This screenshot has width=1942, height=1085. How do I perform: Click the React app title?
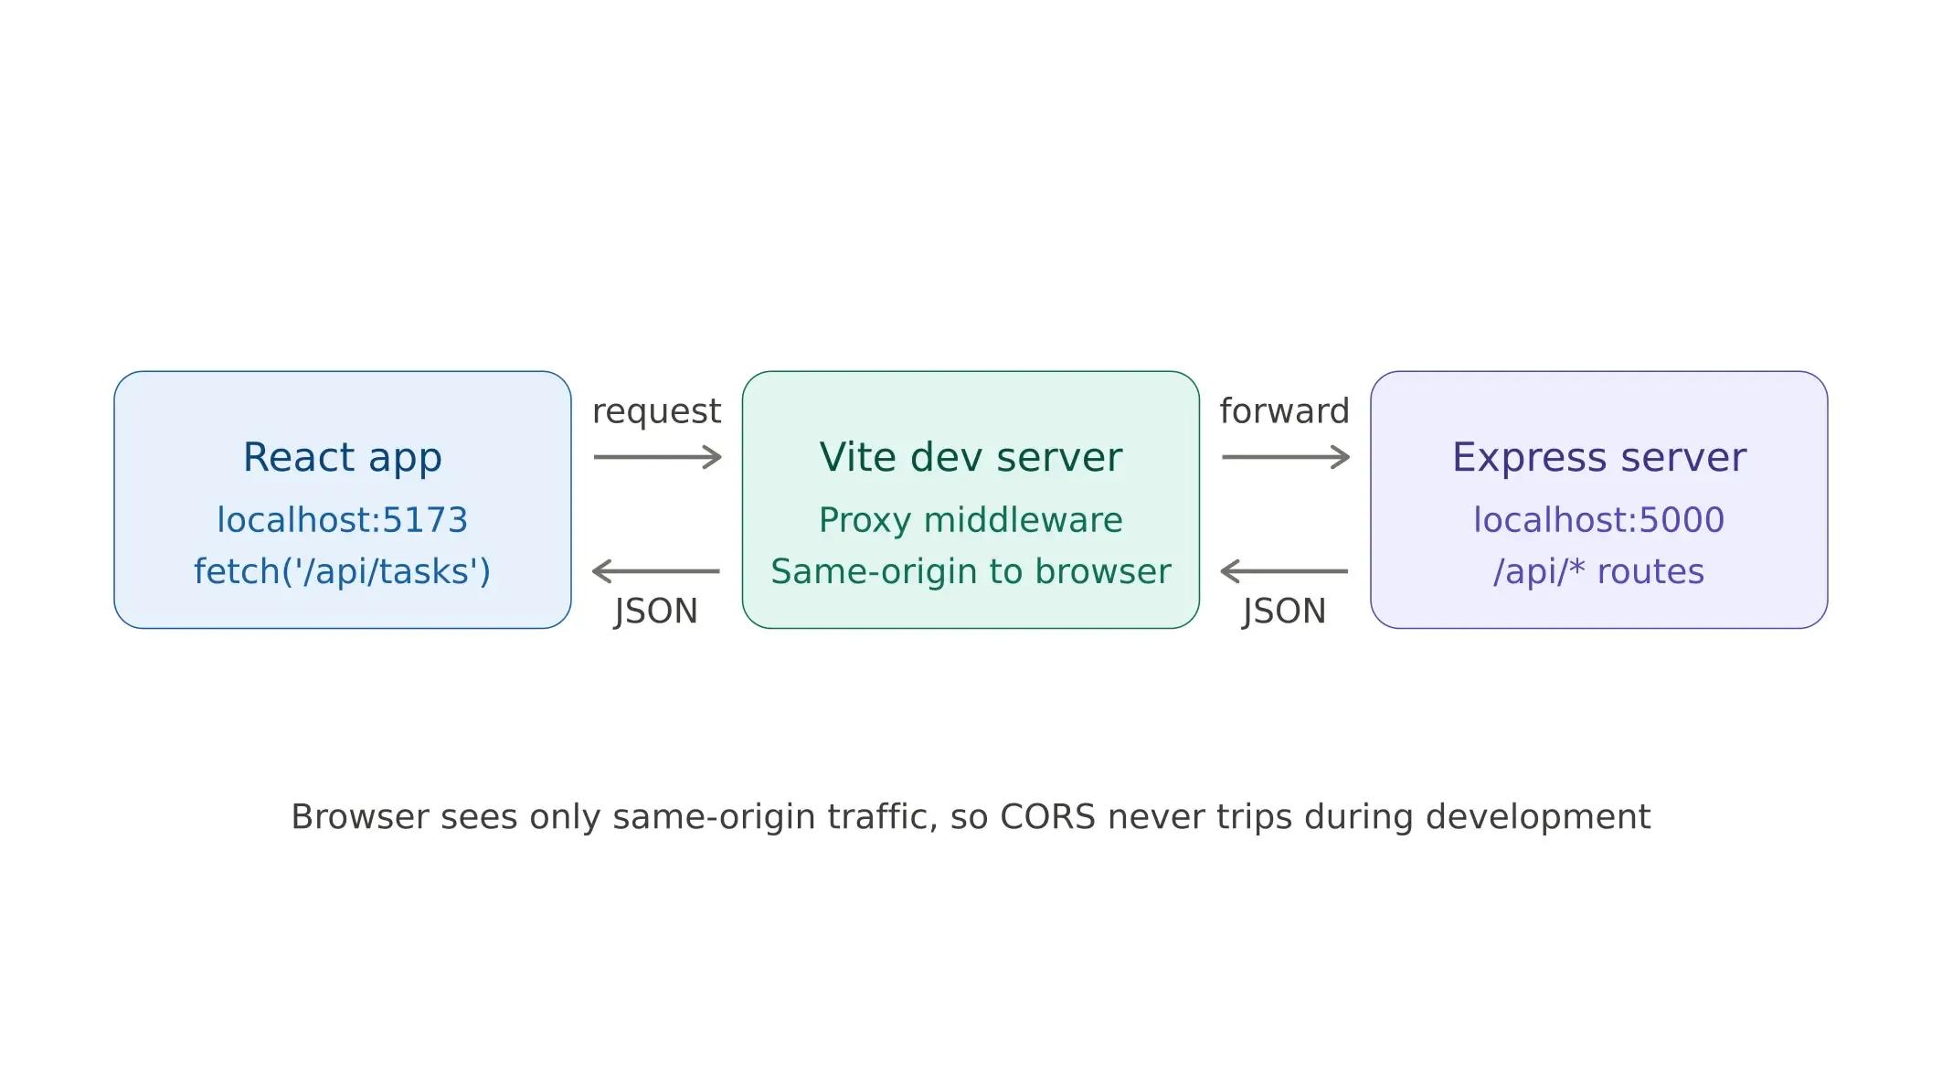(x=342, y=457)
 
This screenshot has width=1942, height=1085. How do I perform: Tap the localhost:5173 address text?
(x=342, y=520)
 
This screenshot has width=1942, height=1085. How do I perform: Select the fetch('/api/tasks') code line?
(x=342, y=571)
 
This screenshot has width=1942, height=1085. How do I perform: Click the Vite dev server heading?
(x=971, y=457)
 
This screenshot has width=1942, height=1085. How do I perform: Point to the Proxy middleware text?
(x=971, y=520)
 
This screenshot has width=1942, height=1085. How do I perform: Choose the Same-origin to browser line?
(x=971, y=571)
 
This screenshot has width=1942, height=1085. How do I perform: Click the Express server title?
(x=1598, y=457)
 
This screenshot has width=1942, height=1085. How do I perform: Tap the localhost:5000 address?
(x=1598, y=520)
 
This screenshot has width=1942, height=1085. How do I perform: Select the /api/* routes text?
(x=1598, y=571)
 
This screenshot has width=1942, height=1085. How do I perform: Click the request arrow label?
(x=656, y=411)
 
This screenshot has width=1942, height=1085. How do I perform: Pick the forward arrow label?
(x=1284, y=411)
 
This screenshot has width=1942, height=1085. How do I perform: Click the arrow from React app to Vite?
(x=657, y=457)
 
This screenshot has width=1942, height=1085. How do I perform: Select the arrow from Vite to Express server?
(x=1285, y=457)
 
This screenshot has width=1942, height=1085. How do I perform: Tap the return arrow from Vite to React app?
(x=656, y=571)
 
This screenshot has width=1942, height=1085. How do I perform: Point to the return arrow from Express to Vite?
(x=1284, y=571)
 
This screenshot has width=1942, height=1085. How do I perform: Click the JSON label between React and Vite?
(x=656, y=611)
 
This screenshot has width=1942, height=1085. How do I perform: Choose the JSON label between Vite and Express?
(x=1284, y=611)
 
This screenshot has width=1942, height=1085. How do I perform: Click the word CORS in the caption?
(x=1047, y=816)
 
